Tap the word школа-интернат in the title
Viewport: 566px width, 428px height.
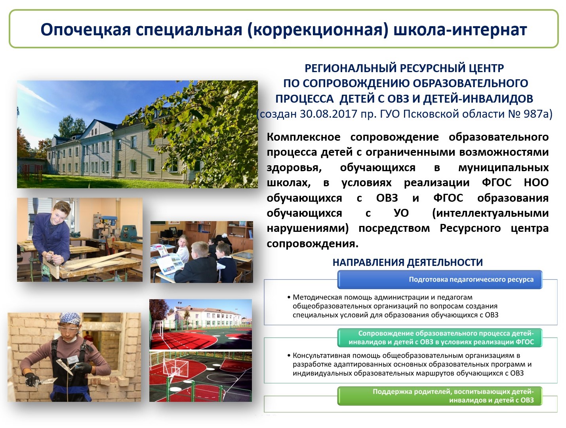460,30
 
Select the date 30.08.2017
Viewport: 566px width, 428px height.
328,114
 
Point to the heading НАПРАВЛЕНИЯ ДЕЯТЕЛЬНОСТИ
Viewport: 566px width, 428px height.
408,262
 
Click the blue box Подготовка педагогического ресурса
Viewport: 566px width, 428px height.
440,279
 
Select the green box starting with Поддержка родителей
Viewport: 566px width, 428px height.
440,396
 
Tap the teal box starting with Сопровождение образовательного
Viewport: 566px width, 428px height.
440,338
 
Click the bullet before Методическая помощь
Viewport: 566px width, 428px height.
289,298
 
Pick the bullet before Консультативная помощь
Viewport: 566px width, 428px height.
289,356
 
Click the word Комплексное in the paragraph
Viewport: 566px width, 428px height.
303,137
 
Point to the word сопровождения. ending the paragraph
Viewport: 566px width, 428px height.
313,244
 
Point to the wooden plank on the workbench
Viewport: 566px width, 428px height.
95,261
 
